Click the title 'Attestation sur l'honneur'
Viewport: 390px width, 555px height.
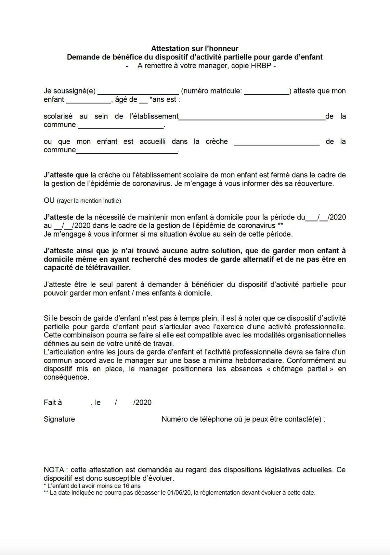point(195,49)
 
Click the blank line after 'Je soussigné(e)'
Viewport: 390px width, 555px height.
point(138,92)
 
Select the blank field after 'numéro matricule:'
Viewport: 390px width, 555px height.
point(266,92)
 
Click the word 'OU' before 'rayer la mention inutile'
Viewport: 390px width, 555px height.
point(49,200)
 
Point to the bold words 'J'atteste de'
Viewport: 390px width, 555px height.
point(64,217)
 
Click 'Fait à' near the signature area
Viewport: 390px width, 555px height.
point(53,403)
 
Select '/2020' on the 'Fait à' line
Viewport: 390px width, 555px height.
point(142,403)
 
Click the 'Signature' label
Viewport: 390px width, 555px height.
point(59,419)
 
